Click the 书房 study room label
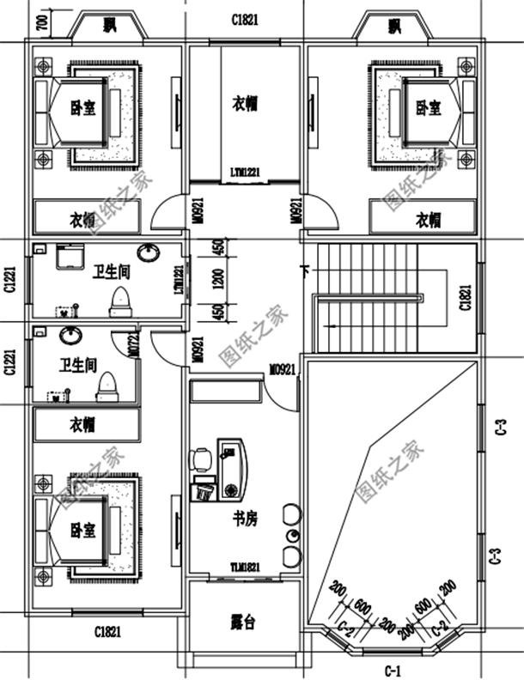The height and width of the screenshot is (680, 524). point(245,519)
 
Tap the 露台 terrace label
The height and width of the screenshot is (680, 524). point(243,622)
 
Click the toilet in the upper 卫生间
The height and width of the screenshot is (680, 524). point(121,301)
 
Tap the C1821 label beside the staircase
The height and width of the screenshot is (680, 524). point(465,297)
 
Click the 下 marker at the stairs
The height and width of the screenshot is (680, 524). point(305,272)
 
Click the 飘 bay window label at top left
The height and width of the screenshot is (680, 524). point(109,26)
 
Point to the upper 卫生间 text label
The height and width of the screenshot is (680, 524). point(112,272)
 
